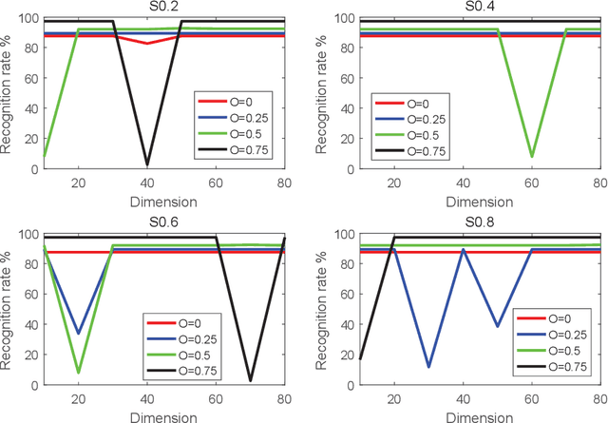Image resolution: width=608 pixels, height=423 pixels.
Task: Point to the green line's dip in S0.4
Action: (531, 157)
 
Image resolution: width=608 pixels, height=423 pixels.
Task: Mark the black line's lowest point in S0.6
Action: (250, 380)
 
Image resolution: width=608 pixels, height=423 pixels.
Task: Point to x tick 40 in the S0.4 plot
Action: (462, 183)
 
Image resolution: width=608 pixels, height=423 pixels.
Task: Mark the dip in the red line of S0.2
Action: (146, 43)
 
